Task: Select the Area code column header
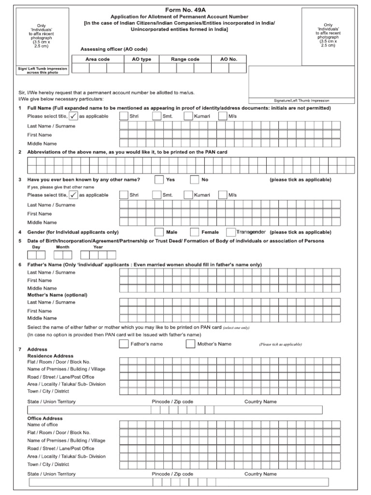pos(98,59)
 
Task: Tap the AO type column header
pos(142,59)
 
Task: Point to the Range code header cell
pos(185,59)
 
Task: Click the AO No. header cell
pos(228,59)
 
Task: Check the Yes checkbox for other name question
pos(159,180)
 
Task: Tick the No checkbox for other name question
pos(195,180)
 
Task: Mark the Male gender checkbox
pos(159,232)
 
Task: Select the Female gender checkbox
pos(195,232)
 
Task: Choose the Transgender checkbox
pos(231,232)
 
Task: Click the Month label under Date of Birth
pos(63,247)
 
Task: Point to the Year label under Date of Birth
pos(98,247)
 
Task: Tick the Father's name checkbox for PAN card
pos(124,344)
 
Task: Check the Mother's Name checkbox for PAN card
pos(190,344)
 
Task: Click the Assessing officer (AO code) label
pos(114,49)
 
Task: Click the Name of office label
pos(43,424)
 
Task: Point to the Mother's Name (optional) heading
pos(57,294)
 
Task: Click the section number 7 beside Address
pos(19,349)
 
